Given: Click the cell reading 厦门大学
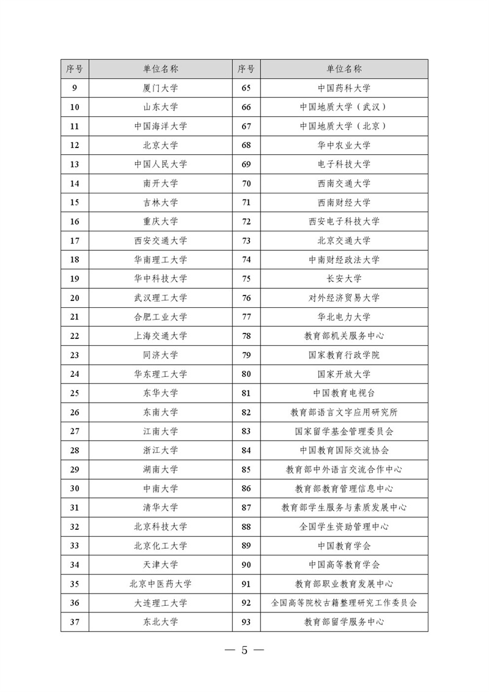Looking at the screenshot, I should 161,88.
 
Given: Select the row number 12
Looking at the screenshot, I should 75,145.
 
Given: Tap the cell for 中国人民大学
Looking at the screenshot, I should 161,164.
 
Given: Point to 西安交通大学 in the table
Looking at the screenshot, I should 161,240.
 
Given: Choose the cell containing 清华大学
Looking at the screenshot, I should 161,507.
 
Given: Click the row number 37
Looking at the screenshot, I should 75,622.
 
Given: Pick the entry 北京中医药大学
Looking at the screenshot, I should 161,584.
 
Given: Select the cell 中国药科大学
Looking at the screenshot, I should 344,88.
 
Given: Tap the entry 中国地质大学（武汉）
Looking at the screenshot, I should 344,107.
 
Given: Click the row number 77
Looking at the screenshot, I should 246,317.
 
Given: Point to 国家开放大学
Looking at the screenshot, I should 344,374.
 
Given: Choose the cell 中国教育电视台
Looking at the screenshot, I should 344,393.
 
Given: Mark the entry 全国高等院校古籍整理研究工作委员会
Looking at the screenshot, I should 344,603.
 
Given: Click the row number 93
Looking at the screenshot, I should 246,622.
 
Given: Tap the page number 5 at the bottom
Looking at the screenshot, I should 244,650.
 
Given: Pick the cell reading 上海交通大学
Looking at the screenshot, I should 161,336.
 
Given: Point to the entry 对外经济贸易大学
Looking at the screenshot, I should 344,298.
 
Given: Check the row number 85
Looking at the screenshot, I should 246,469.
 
